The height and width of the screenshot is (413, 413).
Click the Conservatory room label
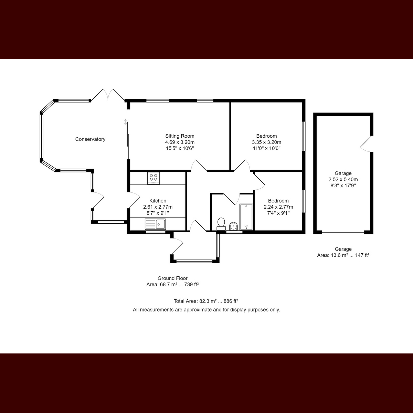click(x=90, y=139)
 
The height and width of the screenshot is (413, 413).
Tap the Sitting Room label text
click(x=180, y=136)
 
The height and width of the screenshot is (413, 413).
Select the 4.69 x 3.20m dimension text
click(x=180, y=142)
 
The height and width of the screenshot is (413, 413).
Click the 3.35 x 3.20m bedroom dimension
click(x=266, y=142)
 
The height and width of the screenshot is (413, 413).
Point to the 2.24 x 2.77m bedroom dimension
click(x=278, y=207)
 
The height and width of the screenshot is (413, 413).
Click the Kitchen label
click(x=158, y=201)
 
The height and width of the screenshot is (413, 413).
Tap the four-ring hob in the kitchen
click(x=153, y=178)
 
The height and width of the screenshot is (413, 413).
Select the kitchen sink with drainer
click(x=155, y=224)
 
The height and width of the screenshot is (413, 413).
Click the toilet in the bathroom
click(x=221, y=224)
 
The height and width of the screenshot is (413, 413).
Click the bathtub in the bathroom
click(x=246, y=217)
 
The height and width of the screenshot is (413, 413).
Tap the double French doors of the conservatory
click(x=108, y=95)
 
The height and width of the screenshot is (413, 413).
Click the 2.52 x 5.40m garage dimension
click(x=343, y=179)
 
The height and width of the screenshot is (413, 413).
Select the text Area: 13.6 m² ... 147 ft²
click(x=343, y=255)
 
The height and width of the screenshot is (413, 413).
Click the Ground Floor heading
click(x=172, y=278)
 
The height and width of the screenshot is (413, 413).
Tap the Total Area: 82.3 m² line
click(x=206, y=301)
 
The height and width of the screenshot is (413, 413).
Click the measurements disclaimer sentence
click(x=206, y=310)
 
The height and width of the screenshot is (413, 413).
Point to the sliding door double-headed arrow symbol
click(x=125, y=122)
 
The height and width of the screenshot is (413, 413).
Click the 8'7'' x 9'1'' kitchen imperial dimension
click(x=158, y=213)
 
